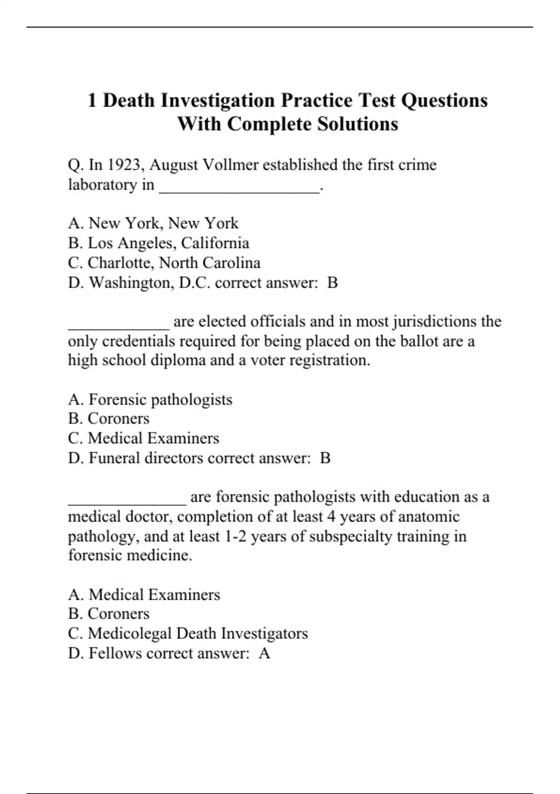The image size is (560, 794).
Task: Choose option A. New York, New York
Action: click(153, 223)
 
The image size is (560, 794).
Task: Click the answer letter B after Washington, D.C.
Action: click(332, 283)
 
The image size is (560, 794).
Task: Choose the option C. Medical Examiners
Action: click(143, 438)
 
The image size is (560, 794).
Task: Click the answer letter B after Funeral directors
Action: click(325, 458)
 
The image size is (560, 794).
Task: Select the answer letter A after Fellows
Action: click(265, 653)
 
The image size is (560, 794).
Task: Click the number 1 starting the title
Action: click(92, 100)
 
